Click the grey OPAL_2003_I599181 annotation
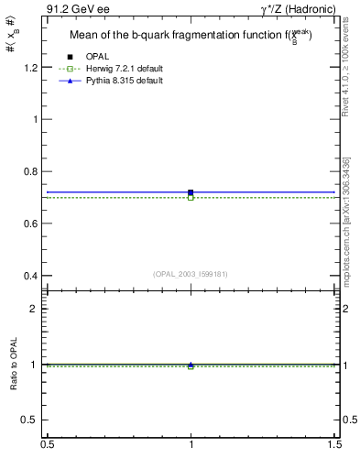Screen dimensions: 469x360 [191, 273]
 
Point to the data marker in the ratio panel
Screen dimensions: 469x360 [191, 365]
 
